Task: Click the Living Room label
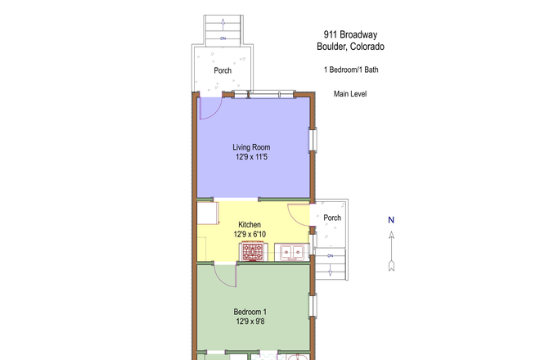click(x=250, y=147)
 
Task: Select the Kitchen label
click(x=250, y=224)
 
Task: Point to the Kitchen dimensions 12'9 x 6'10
click(x=250, y=234)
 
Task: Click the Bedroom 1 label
click(x=250, y=312)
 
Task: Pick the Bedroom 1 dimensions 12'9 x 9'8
click(x=250, y=322)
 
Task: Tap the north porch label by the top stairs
click(x=223, y=70)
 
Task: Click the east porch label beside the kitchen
click(x=332, y=218)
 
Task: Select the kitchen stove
click(x=254, y=252)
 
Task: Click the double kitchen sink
click(x=292, y=252)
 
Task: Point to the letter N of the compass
click(x=391, y=219)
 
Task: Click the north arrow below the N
click(x=391, y=250)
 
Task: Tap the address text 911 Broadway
click(x=350, y=34)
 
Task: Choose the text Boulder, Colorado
click(x=350, y=47)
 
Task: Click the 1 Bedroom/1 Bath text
click(x=350, y=70)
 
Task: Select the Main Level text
click(x=350, y=94)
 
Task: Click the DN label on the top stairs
click(x=223, y=38)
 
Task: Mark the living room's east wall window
click(x=312, y=140)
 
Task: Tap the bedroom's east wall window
click(x=312, y=306)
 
